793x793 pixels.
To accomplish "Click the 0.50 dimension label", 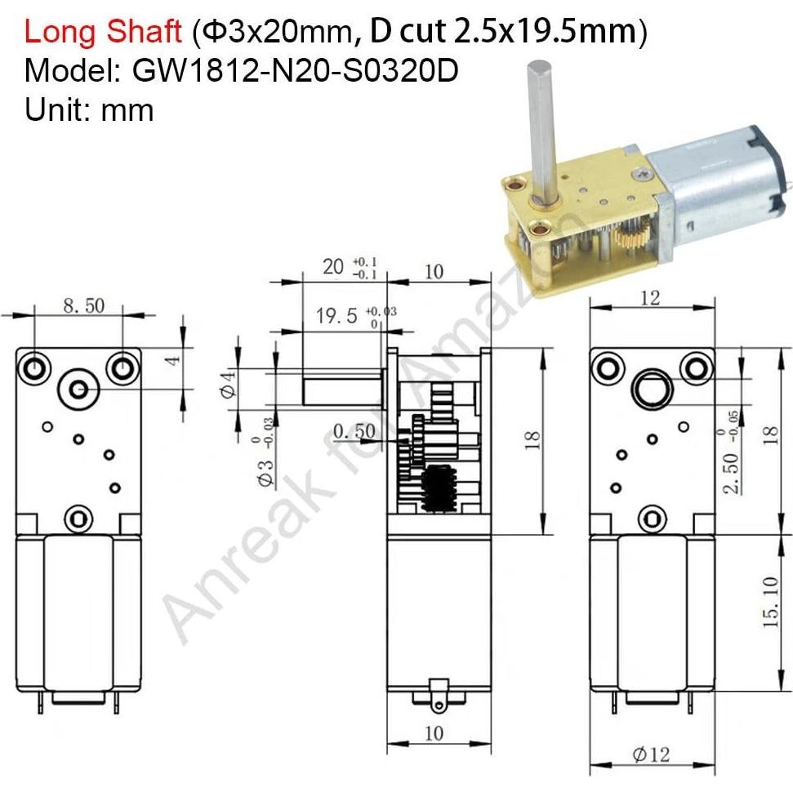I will [x=353, y=430].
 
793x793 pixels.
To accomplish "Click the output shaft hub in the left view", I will [x=80, y=390].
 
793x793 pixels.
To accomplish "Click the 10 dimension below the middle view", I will [x=434, y=733].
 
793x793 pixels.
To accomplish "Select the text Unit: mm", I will [x=89, y=109].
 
